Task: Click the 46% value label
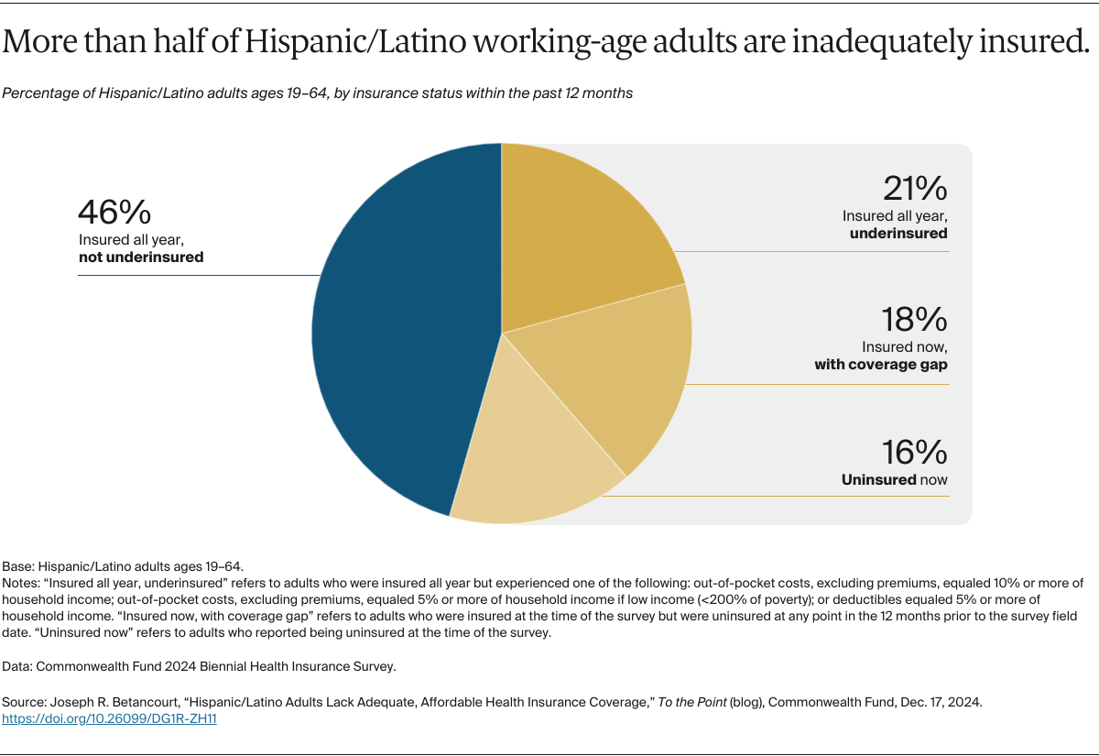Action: click(114, 213)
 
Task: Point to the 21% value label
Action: click(915, 189)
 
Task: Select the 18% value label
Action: click(915, 320)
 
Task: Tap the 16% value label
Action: click(915, 453)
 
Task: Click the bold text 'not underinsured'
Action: click(141, 257)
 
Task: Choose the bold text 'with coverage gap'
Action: click(881, 365)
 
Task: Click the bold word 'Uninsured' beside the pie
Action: click(879, 480)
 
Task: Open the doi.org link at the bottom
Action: click(109, 719)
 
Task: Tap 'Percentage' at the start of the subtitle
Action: click(38, 93)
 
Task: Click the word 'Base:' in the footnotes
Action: click(20, 566)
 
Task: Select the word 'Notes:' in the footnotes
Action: click(22, 583)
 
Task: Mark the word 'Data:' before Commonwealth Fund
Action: click(19, 666)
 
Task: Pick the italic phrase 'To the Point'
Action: click(693, 703)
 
